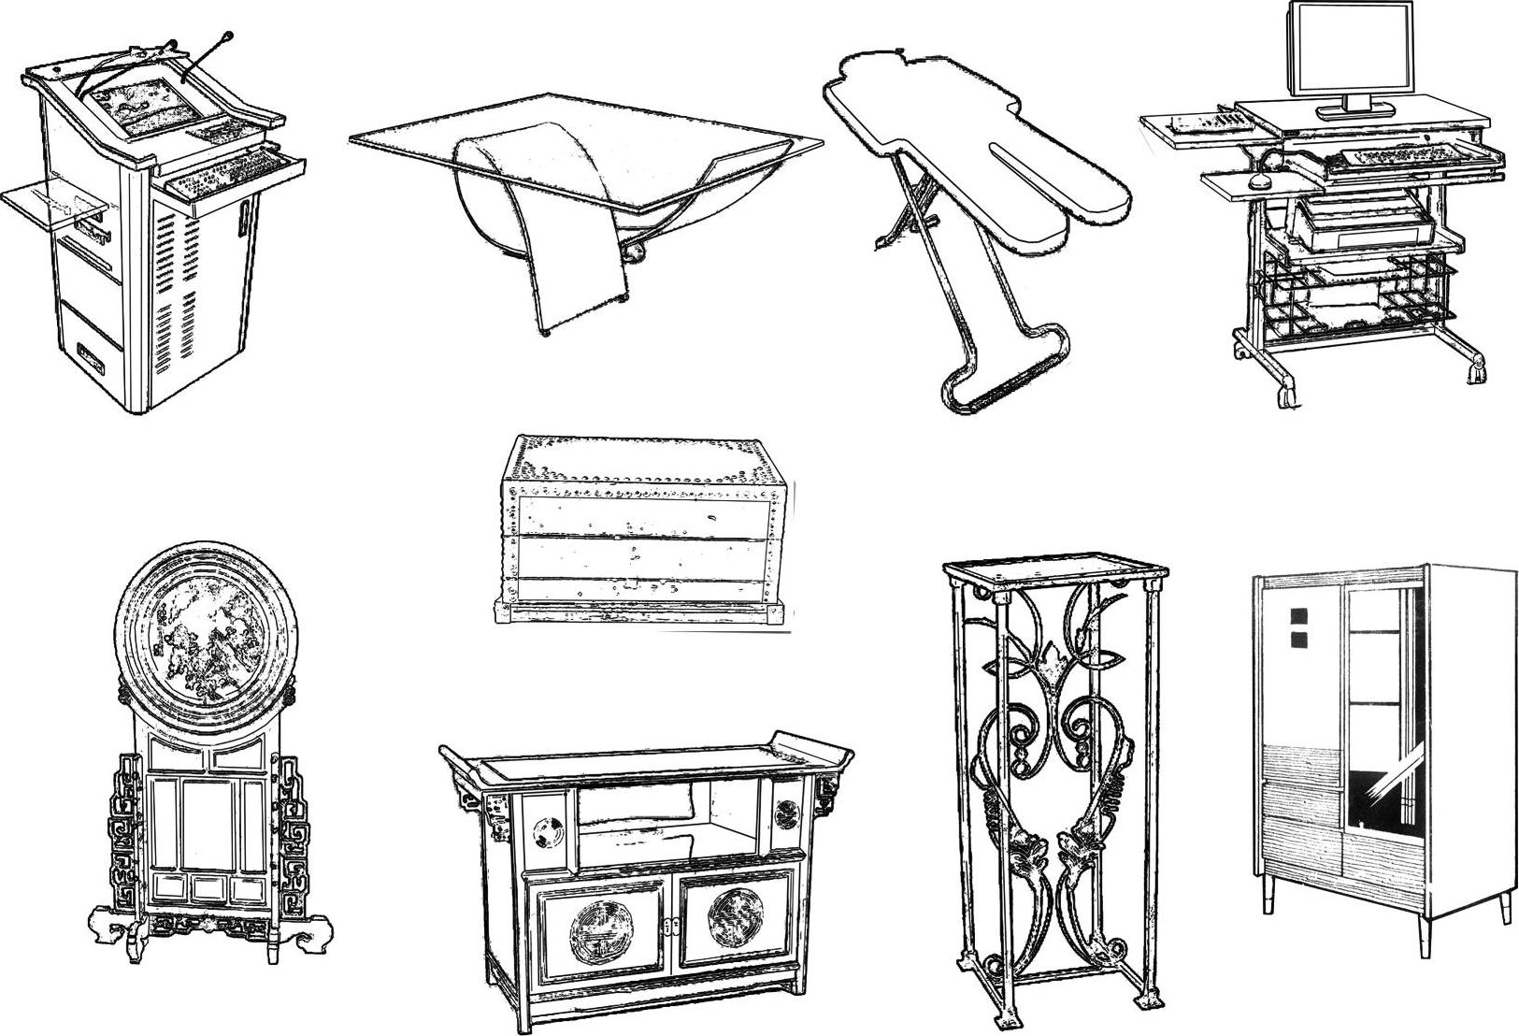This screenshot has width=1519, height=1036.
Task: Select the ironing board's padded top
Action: tap(972, 140)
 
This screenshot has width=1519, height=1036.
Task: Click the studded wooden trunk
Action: tap(640, 528)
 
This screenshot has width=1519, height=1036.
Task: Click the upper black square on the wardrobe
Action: tap(1299, 616)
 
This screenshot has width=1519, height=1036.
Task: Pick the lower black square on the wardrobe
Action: tap(1299, 640)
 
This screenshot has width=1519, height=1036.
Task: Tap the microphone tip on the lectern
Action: tap(227, 36)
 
